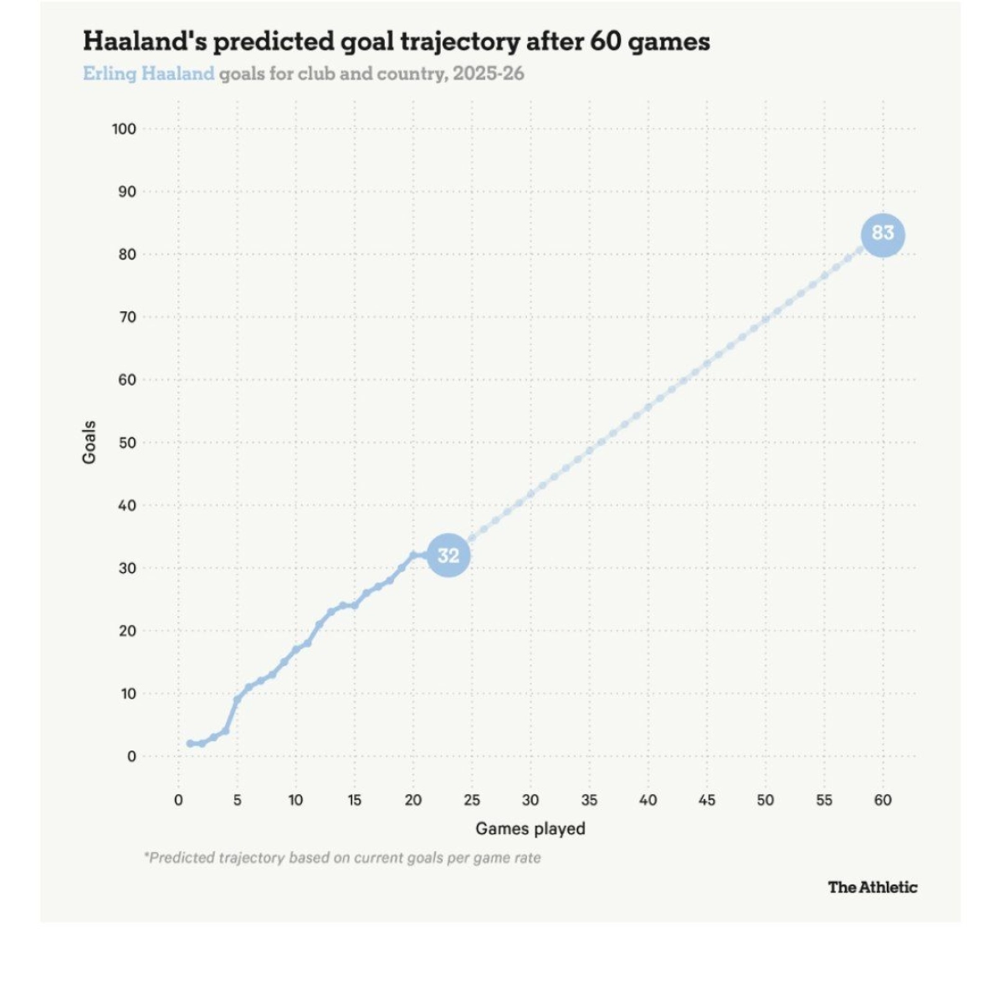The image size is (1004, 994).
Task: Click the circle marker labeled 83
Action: click(883, 234)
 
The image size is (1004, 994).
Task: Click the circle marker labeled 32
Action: click(448, 556)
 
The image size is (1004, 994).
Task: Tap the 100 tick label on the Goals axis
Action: click(124, 129)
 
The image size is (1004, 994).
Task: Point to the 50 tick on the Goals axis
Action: click(126, 443)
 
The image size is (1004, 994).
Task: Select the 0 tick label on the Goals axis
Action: click(131, 756)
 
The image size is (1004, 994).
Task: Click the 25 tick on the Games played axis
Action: click(472, 800)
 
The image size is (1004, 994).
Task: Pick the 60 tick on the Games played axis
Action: click(883, 800)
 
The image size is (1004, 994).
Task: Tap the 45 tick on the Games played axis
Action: click(707, 800)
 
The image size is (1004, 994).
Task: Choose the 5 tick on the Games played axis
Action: click(238, 800)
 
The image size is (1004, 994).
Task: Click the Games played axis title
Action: click(530, 828)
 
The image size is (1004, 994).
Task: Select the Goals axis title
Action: click(89, 443)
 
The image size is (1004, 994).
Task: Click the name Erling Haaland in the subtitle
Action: click(149, 74)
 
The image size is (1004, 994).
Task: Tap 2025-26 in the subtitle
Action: click(489, 74)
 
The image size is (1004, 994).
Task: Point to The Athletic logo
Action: click(873, 887)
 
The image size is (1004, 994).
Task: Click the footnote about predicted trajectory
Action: click(343, 858)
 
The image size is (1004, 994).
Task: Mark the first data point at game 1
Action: click(190, 743)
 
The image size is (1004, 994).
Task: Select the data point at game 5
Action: click(238, 699)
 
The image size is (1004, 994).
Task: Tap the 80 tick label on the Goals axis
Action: click(126, 254)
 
